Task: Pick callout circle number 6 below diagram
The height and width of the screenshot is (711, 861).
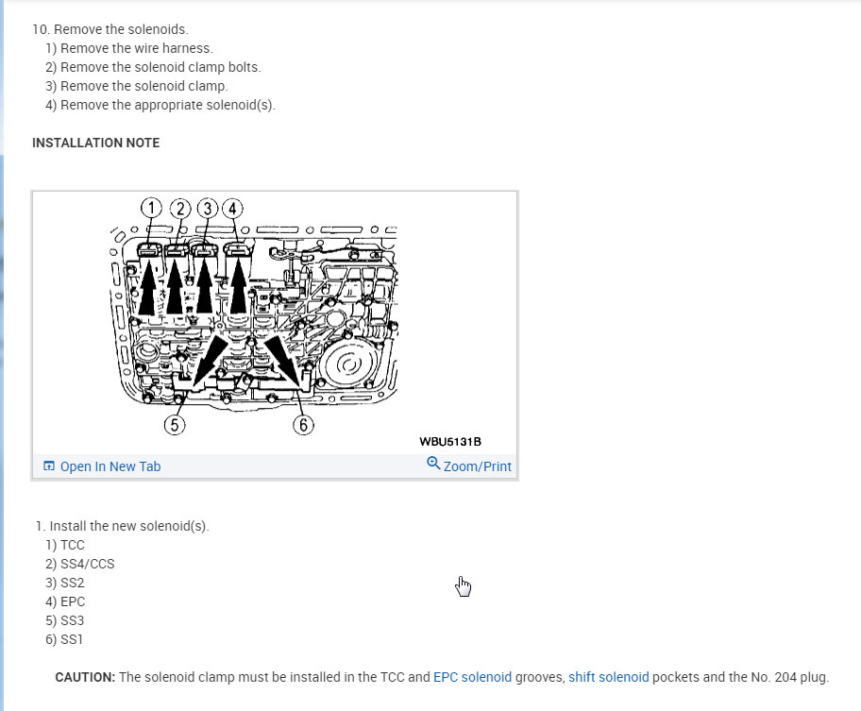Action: pyautogui.click(x=303, y=425)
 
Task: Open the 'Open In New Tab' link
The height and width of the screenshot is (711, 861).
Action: pyautogui.click(x=110, y=466)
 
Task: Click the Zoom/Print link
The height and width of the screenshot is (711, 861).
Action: pyautogui.click(x=477, y=466)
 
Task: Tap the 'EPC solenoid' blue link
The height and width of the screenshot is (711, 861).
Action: pyautogui.click(x=472, y=677)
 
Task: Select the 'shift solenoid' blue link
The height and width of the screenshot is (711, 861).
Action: pyautogui.click(x=608, y=677)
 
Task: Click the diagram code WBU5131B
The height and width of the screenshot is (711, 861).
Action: pyautogui.click(x=451, y=442)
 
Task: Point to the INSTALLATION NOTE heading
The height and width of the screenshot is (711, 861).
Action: pyautogui.click(x=95, y=143)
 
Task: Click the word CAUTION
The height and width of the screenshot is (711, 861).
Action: pyautogui.click(x=85, y=677)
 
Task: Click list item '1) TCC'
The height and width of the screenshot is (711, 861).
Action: pyautogui.click(x=65, y=545)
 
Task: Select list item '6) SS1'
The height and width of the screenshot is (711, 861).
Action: pyautogui.click(x=64, y=639)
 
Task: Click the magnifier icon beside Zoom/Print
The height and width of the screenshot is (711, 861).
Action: pyautogui.click(x=433, y=464)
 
